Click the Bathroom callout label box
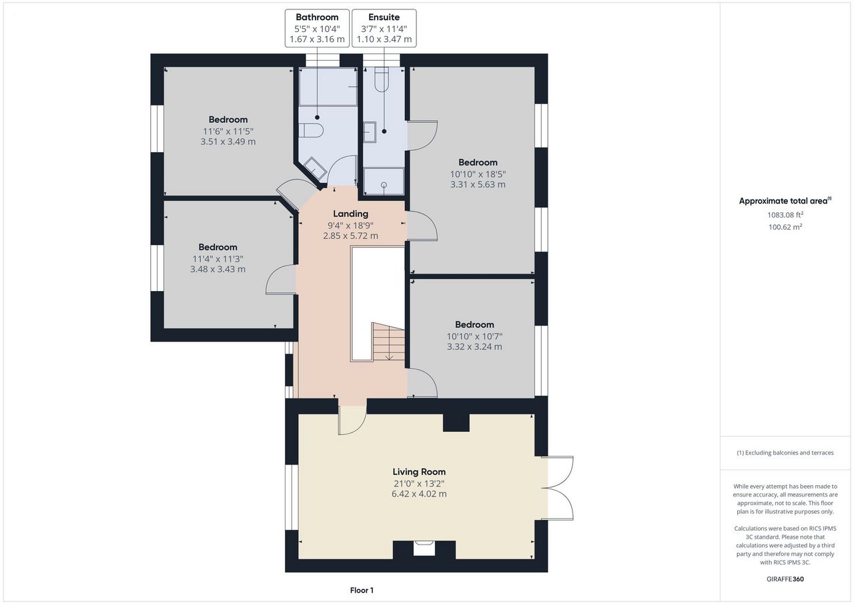317,28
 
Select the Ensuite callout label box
384,28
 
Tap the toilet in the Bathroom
311,130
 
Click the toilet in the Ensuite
381,79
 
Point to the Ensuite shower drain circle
384,185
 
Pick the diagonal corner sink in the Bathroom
315,169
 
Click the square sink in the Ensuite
370,132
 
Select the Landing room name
350,214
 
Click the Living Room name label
419,472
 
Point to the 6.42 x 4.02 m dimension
419,494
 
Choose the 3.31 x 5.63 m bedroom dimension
478,185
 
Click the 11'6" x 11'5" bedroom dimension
228,131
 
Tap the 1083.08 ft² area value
785,215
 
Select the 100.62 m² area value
785,227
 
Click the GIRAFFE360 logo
785,579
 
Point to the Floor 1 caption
362,590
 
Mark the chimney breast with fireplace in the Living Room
424,550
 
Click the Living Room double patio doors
557,488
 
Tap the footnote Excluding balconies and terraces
785,452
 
